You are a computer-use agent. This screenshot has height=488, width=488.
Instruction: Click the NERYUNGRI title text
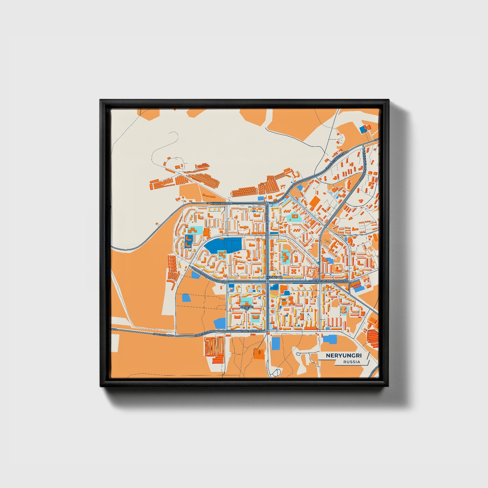[343, 356]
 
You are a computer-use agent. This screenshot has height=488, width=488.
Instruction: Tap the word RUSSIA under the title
[352, 362]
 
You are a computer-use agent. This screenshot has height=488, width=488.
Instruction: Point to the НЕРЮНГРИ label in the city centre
[274, 277]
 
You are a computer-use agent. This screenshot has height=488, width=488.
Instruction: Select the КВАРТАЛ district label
[246, 307]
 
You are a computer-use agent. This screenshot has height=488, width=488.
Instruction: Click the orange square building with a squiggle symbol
[259, 353]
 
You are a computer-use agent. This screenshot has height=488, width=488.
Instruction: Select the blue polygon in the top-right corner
[363, 129]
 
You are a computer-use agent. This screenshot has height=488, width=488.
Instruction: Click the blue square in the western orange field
[186, 298]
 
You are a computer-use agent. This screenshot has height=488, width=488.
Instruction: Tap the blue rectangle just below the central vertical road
[276, 343]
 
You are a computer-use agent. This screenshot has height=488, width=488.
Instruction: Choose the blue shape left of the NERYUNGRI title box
[330, 339]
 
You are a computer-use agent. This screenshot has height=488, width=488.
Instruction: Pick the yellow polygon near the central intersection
[274, 293]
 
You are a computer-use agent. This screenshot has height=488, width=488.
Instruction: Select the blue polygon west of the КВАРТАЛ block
[220, 323]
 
